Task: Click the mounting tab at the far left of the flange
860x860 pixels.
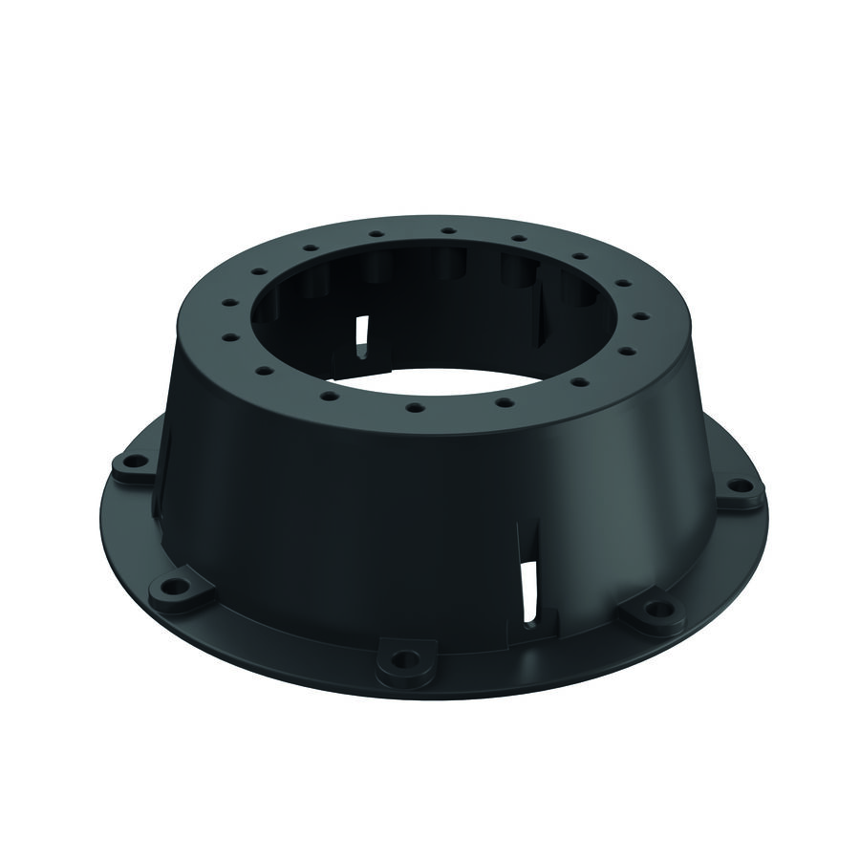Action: [x=132, y=467]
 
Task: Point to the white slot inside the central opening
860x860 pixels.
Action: [x=361, y=335]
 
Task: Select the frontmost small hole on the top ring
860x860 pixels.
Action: [x=415, y=408]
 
